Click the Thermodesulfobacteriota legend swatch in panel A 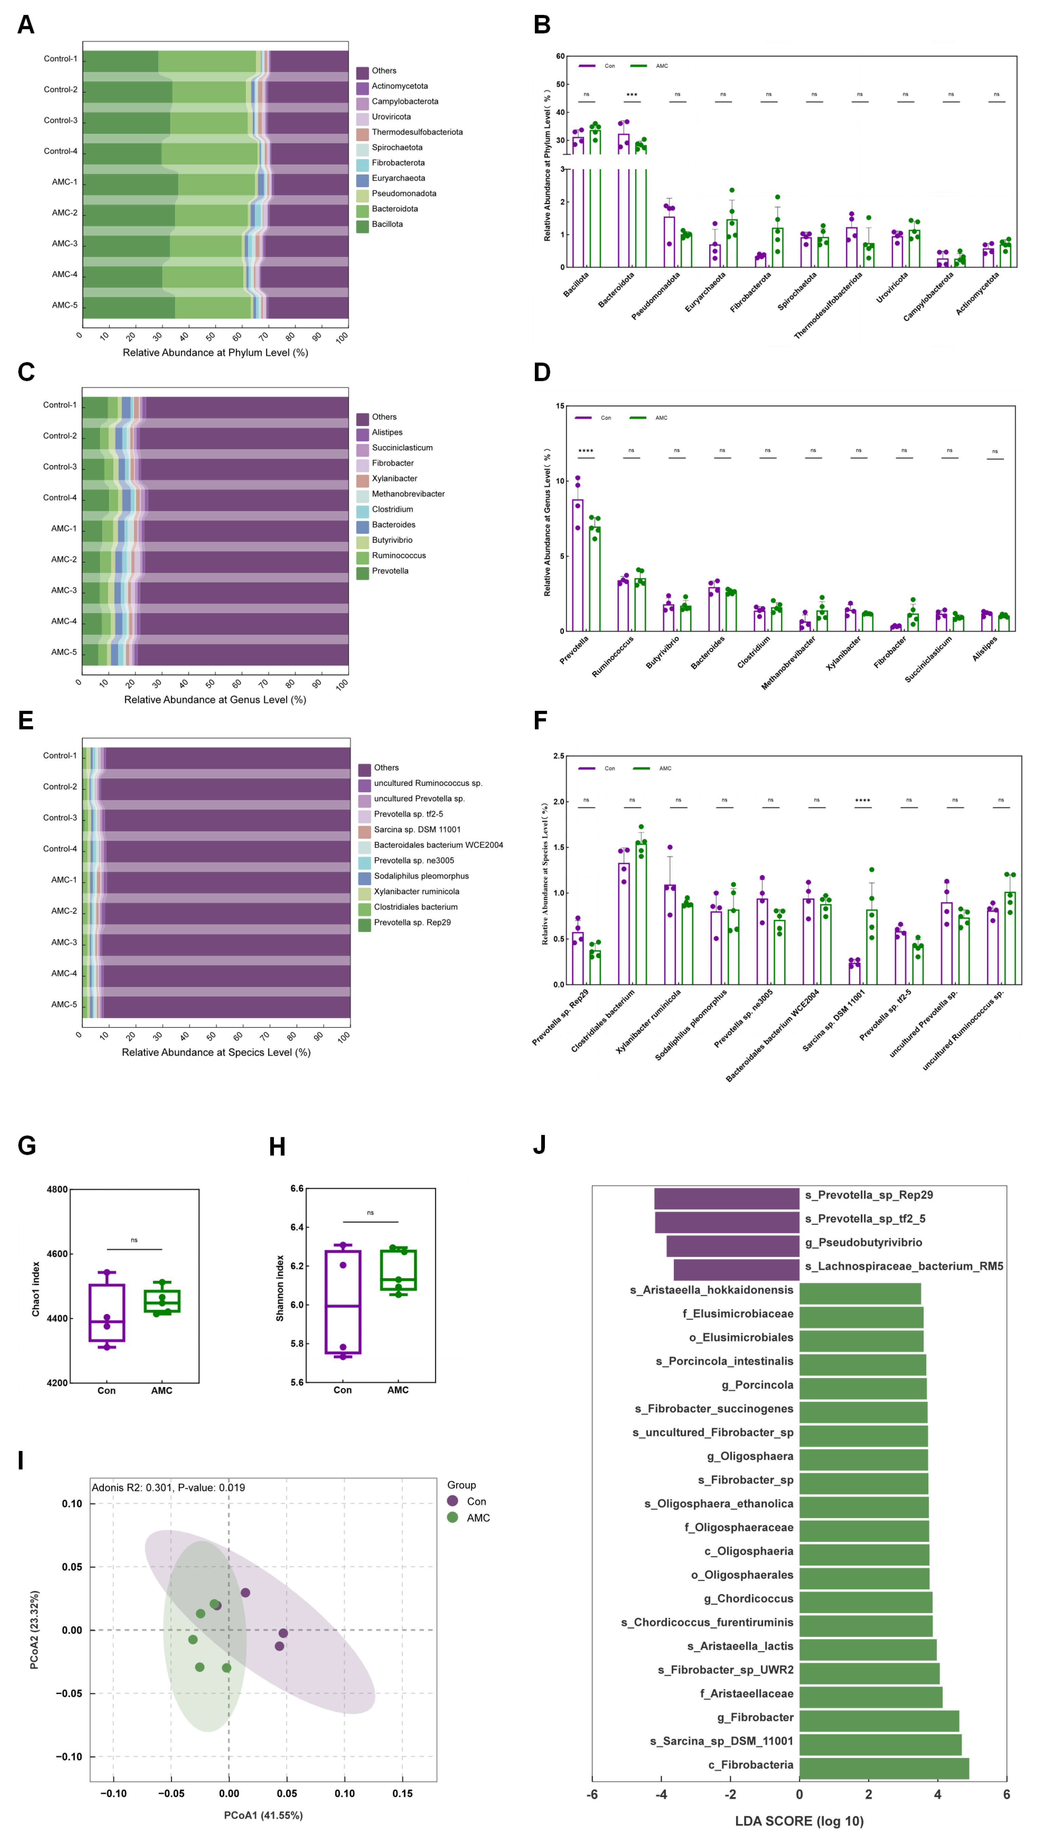tap(362, 132)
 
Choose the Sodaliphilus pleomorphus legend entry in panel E tap(421, 876)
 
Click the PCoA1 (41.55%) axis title tap(263, 1815)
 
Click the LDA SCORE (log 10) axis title tap(799, 1821)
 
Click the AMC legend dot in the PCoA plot tap(452, 1517)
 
